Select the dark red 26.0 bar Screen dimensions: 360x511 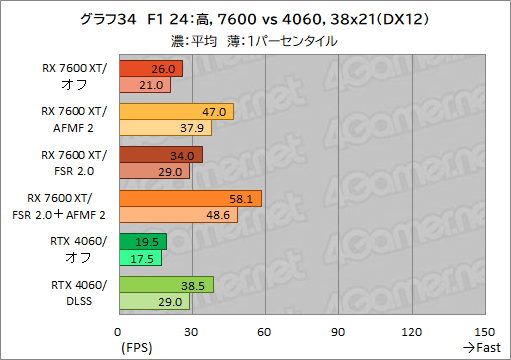(150, 69)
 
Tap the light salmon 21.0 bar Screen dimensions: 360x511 (144, 85)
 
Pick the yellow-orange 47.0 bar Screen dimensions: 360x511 (176, 112)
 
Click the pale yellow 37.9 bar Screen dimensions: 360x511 (165, 128)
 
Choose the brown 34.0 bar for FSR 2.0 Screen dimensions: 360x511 (160, 155)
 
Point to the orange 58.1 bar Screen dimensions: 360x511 (190, 198)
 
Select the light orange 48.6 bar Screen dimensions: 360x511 (178, 214)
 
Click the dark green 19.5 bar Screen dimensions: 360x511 (142, 241)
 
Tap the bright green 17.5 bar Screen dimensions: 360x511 (140, 257)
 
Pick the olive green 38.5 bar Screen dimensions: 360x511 (166, 284)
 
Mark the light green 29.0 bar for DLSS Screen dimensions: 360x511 (154, 300)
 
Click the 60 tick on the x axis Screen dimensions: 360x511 (264, 331)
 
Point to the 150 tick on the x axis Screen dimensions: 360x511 (484, 331)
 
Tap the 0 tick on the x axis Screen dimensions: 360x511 (119, 331)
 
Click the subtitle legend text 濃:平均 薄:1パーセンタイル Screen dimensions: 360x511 (254, 41)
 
